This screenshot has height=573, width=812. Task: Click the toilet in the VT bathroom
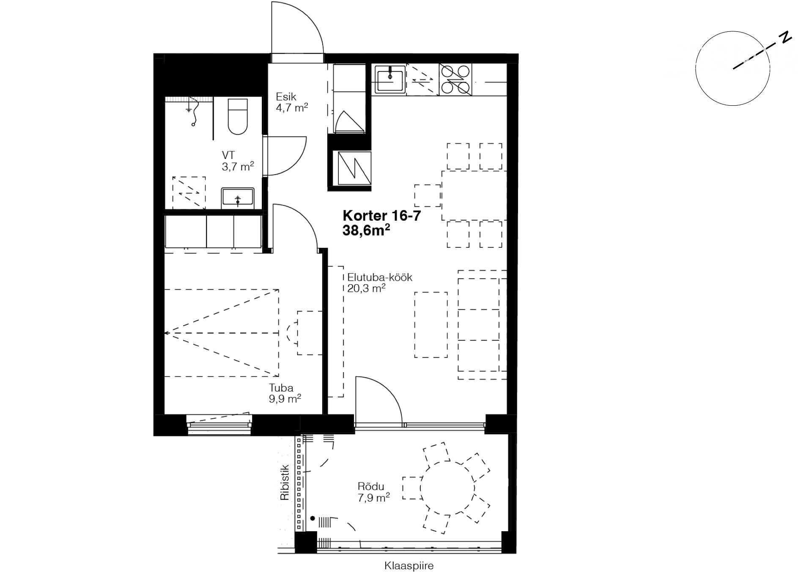point(237,116)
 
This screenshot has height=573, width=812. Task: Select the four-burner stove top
point(455,80)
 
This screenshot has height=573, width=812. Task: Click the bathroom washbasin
point(238,199)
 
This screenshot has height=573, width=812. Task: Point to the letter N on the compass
point(786,37)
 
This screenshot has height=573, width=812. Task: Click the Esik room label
point(286,97)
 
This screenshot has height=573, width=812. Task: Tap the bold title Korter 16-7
point(382,216)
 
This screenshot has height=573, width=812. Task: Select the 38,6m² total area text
point(366,230)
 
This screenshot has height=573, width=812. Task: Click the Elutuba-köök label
point(380,278)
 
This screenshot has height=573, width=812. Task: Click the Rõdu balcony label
point(371,487)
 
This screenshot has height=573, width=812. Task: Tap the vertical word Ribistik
point(285,483)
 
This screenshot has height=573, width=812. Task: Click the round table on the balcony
point(447,488)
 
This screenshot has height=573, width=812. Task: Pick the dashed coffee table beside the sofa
point(431,325)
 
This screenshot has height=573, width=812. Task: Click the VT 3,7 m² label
point(238,161)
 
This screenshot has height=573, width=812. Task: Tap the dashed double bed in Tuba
point(222,333)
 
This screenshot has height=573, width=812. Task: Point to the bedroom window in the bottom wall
point(219,424)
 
